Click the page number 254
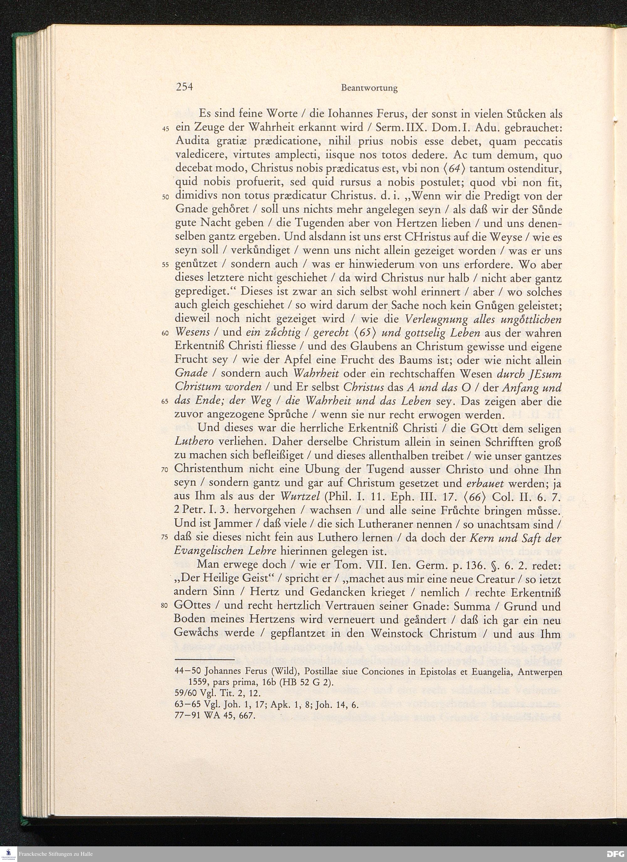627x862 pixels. (x=185, y=87)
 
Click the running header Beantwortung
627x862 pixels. (x=369, y=88)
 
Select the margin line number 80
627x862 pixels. (x=165, y=606)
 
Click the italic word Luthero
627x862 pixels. (x=193, y=442)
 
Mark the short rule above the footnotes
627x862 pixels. (x=204, y=661)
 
